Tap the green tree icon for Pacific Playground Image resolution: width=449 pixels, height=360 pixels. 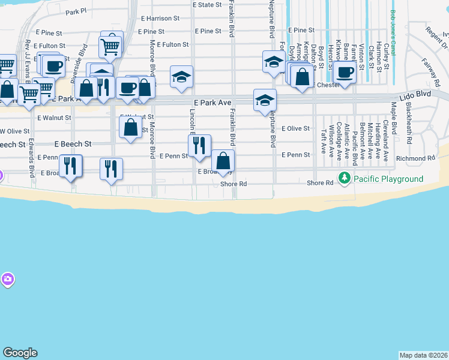point(345,178)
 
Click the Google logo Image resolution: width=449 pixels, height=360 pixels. point(20,353)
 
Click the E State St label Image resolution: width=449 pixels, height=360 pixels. point(207,5)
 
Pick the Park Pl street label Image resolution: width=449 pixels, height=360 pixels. point(76,11)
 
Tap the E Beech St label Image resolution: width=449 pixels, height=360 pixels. point(73,144)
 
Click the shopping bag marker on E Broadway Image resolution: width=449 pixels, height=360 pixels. point(223,161)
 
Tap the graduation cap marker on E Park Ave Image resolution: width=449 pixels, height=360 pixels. point(265,100)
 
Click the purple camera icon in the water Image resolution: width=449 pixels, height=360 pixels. point(7,279)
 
